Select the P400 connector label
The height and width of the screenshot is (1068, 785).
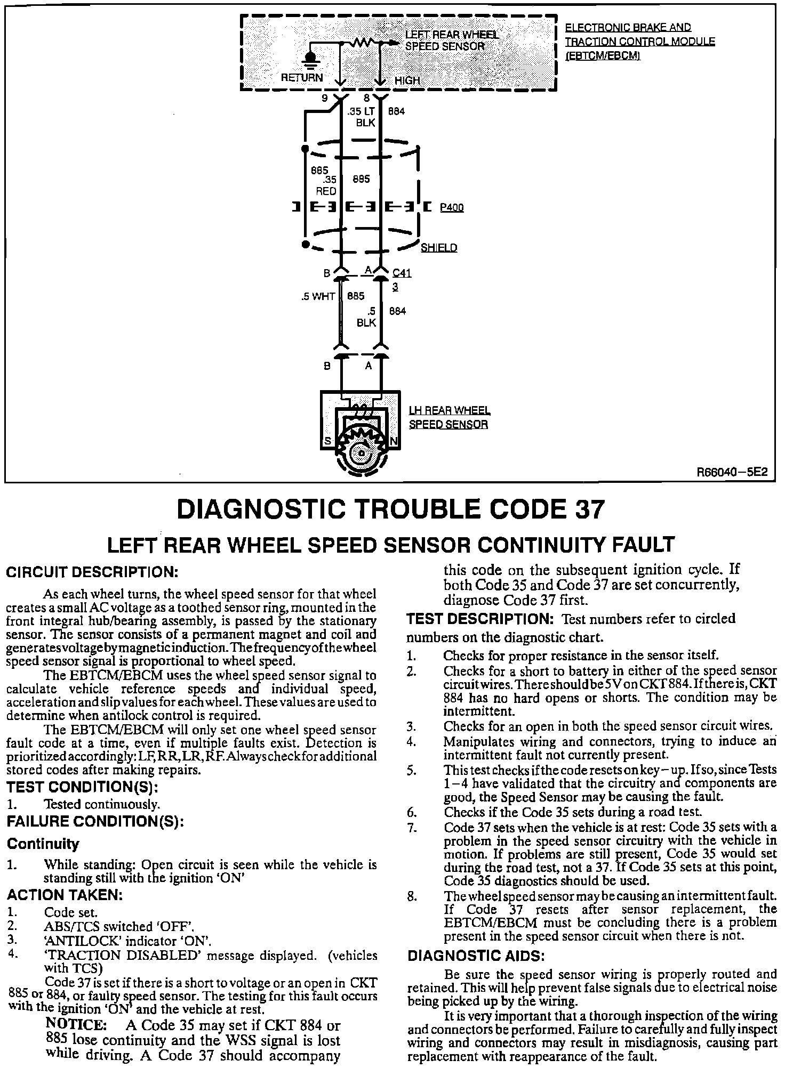452,207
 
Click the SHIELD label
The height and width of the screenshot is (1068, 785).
439,248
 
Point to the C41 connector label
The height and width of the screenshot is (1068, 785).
402,273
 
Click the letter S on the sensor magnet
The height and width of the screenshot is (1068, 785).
327,441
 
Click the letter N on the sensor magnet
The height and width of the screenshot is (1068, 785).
394,441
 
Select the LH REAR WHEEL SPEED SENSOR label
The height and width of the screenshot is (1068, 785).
448,417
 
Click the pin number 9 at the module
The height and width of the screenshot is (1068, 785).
324,98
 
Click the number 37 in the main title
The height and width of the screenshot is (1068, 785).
590,509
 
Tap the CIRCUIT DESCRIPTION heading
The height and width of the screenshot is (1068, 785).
91,573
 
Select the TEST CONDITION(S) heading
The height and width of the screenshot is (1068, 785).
82,787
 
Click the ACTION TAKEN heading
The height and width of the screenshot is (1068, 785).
65,895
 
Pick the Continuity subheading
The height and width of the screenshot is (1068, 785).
43,844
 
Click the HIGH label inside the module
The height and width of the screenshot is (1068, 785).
407,80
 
